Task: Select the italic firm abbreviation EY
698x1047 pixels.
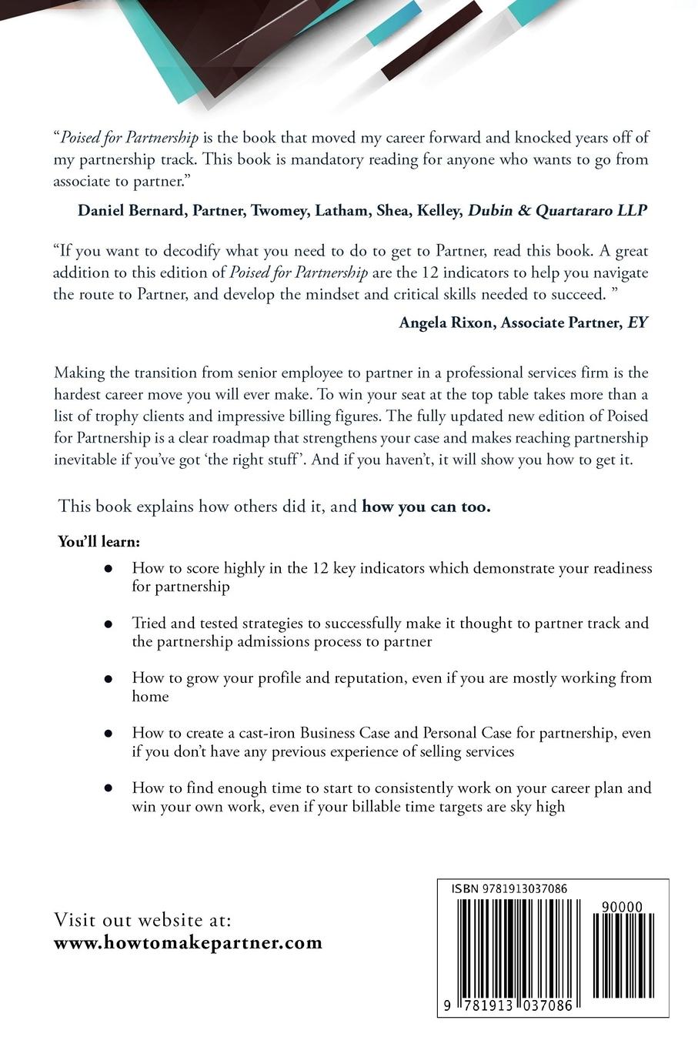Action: (x=638, y=323)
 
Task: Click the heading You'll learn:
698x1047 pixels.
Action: (x=99, y=541)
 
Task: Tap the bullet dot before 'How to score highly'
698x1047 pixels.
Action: (x=109, y=569)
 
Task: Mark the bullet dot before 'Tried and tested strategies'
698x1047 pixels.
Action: (x=109, y=624)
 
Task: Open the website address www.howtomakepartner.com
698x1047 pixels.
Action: (x=188, y=943)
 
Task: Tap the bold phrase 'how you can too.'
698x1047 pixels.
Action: (x=426, y=507)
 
